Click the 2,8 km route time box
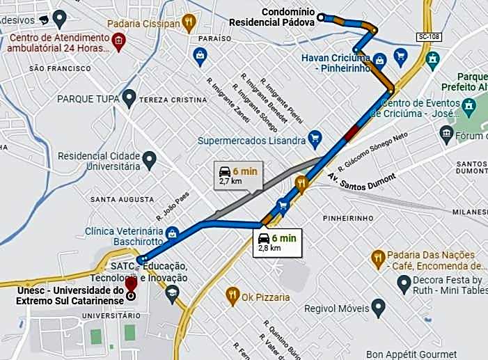[277, 242]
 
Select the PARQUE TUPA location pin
[128, 100]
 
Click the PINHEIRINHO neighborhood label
[349, 217]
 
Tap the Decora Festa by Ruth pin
[402, 284]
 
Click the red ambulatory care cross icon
[119, 41]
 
